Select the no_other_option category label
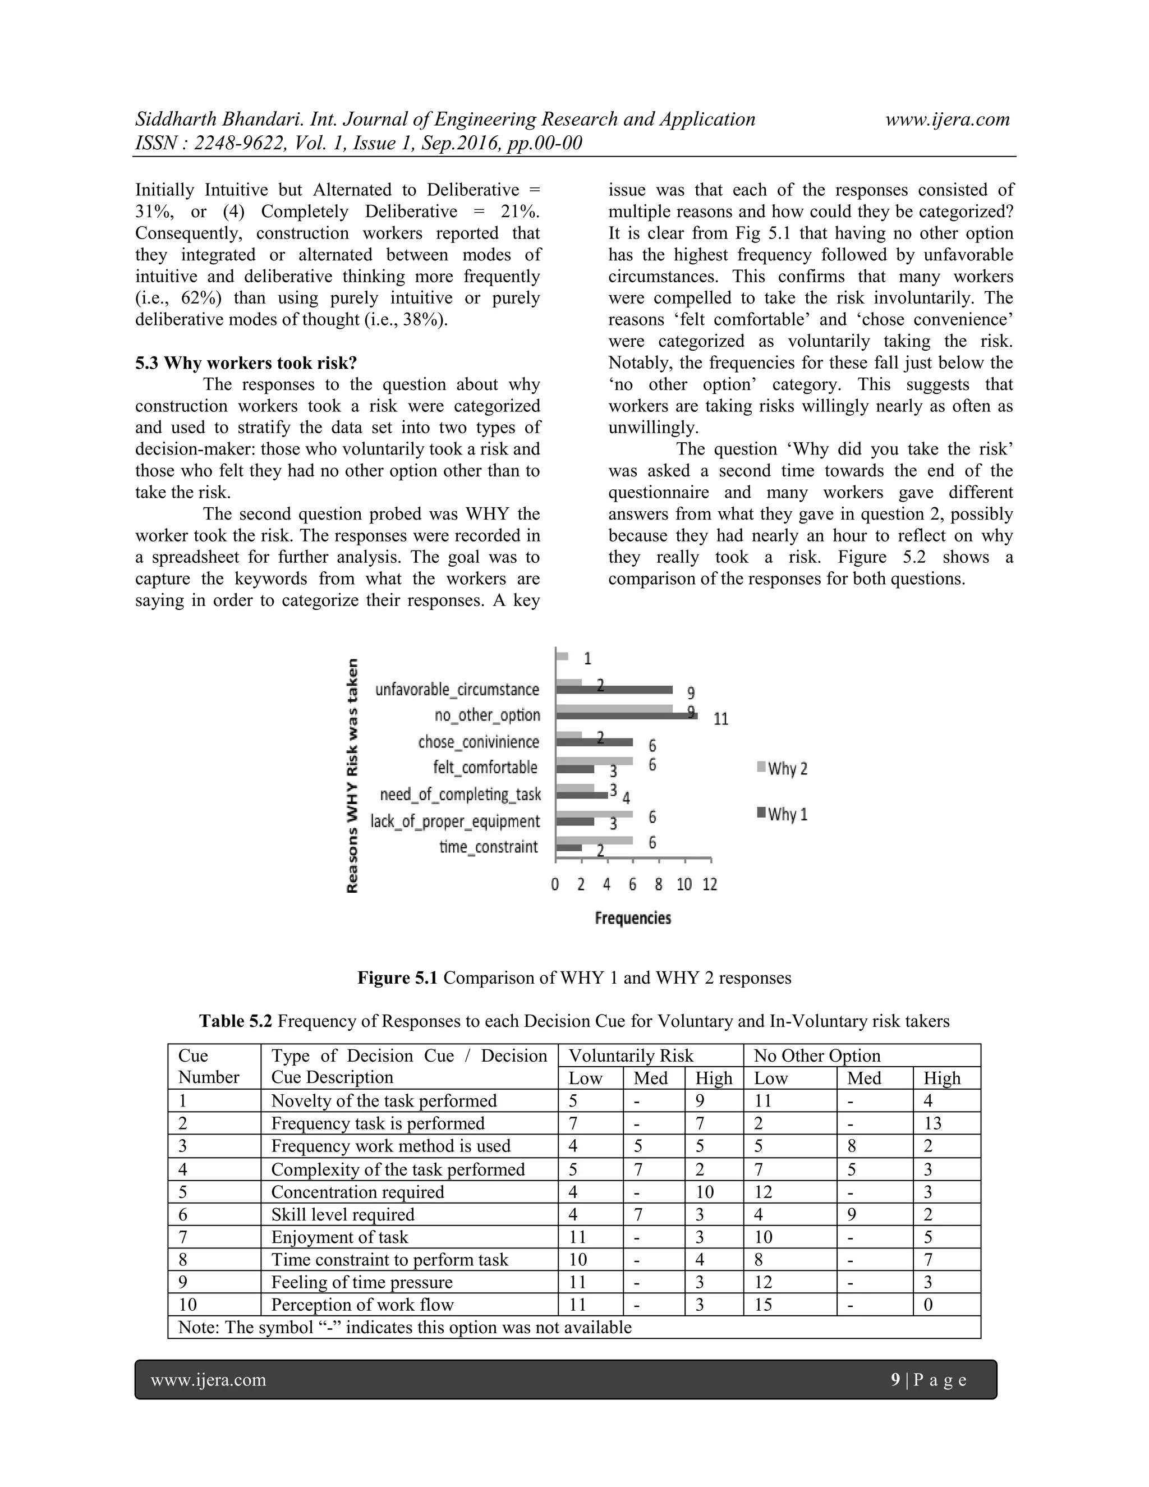coord(488,715)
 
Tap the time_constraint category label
coord(489,847)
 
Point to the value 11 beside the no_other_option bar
coord(721,719)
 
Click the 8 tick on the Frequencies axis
coord(658,884)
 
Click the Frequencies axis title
coord(633,918)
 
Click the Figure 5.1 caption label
coord(398,979)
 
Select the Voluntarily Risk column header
coord(631,1056)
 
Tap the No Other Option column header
coord(817,1056)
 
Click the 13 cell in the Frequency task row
coord(932,1123)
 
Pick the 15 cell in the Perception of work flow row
coord(763,1305)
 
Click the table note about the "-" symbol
coord(405,1327)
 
